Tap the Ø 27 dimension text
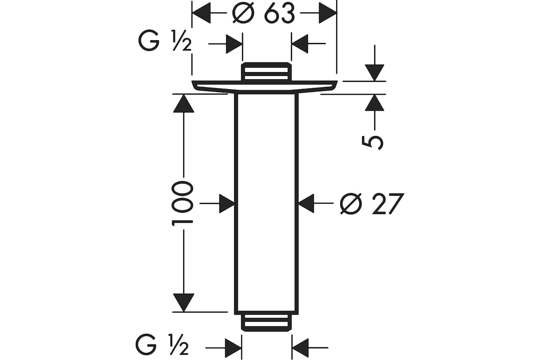tap(372, 203)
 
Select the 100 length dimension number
tap(183, 203)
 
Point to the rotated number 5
tap(373, 143)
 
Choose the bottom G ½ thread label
tap(162, 344)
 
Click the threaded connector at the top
tap(266, 71)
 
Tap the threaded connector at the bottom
tap(266, 323)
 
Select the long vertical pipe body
tap(266, 204)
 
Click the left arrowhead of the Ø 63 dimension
tap(201, 13)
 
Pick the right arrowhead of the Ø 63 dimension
tap(328, 13)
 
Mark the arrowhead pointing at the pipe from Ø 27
tap(306, 203)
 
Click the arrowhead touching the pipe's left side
tap(227, 203)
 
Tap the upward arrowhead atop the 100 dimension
tap(184, 103)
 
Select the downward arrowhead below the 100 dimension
tap(184, 302)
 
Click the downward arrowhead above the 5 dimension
tap(374, 72)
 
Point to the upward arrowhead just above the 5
tap(374, 103)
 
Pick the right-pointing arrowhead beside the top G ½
tap(234, 44)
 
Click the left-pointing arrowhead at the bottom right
tap(301, 348)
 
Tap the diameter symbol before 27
tap(351, 204)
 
